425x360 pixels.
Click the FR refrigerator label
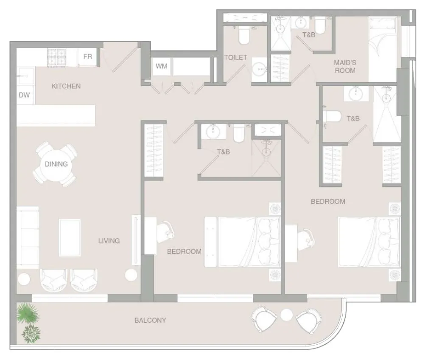tap(87, 56)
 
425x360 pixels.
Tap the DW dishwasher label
tap(24, 95)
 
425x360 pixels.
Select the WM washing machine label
tap(162, 66)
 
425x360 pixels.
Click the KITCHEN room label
tap(66, 86)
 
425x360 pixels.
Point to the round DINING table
tap(56, 164)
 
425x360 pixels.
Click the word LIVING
tap(109, 241)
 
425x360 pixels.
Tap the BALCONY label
tap(150, 320)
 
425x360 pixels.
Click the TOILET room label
tap(235, 57)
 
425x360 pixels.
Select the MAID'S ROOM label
tap(345, 67)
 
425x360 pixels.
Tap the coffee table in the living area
tap(70, 238)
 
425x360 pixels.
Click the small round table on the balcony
tap(286, 315)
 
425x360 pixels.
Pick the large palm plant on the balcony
tap(28, 313)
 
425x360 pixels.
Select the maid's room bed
tap(383, 49)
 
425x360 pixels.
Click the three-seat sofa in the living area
tap(28, 237)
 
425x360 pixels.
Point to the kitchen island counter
tap(56, 115)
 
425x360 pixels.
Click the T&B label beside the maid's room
tap(309, 35)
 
